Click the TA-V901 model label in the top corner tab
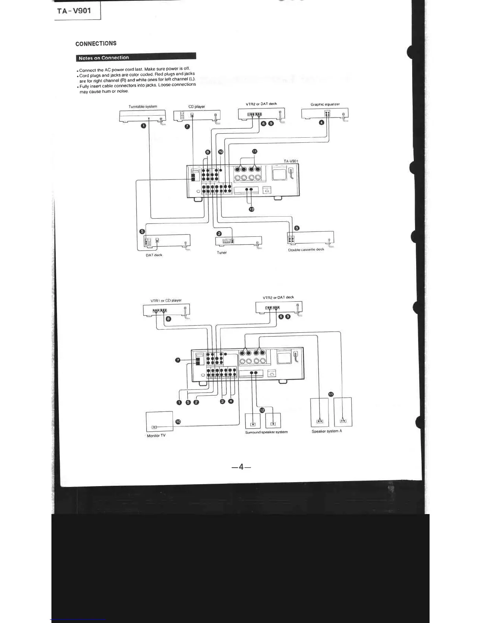point(74,11)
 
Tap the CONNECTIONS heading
point(96,43)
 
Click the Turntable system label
point(143,106)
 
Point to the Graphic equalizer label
point(325,104)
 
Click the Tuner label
point(222,253)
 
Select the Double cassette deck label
point(306,249)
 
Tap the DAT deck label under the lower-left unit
point(154,255)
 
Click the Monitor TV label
point(156,435)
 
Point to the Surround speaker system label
point(266,432)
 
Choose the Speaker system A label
point(327,431)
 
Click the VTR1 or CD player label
point(166,300)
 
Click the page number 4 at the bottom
point(241,466)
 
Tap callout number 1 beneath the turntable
point(143,126)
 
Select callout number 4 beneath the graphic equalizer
point(321,123)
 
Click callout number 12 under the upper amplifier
point(252,209)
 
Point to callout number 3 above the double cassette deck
point(297,228)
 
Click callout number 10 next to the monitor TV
point(178,422)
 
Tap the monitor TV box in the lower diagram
point(159,421)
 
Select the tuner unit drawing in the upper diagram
point(238,241)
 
